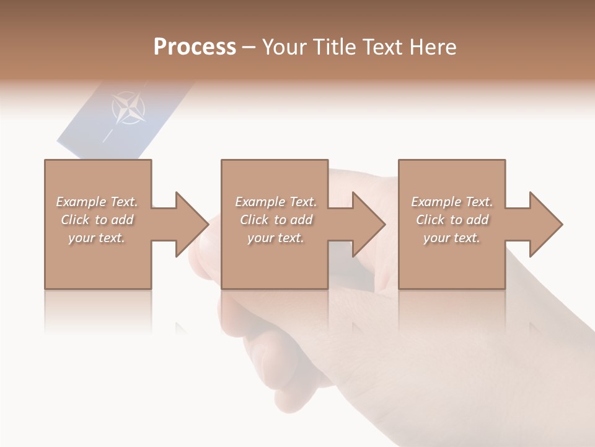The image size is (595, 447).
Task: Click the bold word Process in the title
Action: coord(195,47)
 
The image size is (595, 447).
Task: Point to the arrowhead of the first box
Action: coord(192,224)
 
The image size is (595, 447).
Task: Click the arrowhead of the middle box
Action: coord(369,224)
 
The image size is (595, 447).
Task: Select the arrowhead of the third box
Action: coord(546,224)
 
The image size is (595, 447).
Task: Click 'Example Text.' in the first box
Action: coord(97,202)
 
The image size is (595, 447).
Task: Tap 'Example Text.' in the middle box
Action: coord(276,202)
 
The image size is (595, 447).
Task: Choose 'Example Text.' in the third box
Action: coord(452,202)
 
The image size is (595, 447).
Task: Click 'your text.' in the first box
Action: coord(97,238)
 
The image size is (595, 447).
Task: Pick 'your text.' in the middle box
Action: coord(275,238)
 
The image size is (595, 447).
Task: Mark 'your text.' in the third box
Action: coord(451,238)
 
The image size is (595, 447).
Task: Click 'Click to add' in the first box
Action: coord(97,220)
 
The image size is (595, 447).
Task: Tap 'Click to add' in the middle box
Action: coord(276,220)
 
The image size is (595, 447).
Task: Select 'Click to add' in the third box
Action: coord(452,220)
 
